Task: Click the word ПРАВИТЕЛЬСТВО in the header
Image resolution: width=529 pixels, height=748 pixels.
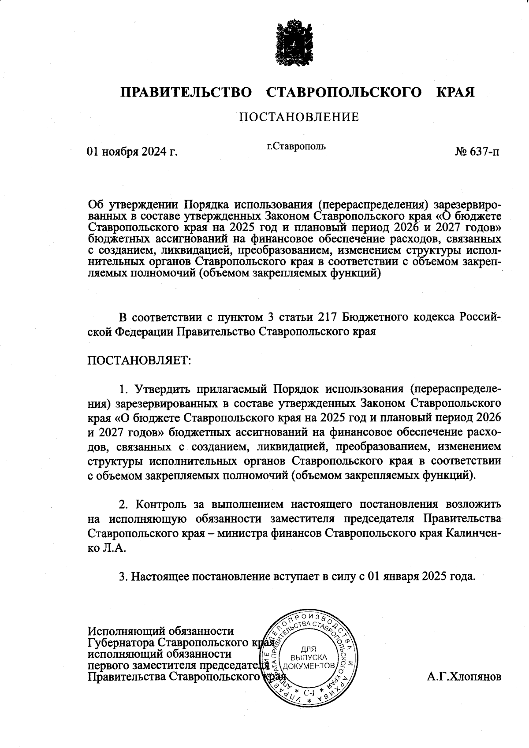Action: tap(186, 93)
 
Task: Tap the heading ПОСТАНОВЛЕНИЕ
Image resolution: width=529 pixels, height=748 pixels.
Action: tap(299, 117)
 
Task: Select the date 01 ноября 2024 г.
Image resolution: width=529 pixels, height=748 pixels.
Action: tap(132, 152)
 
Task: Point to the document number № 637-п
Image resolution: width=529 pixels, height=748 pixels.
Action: tap(477, 152)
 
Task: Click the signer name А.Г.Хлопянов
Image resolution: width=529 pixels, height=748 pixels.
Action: tap(464, 677)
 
